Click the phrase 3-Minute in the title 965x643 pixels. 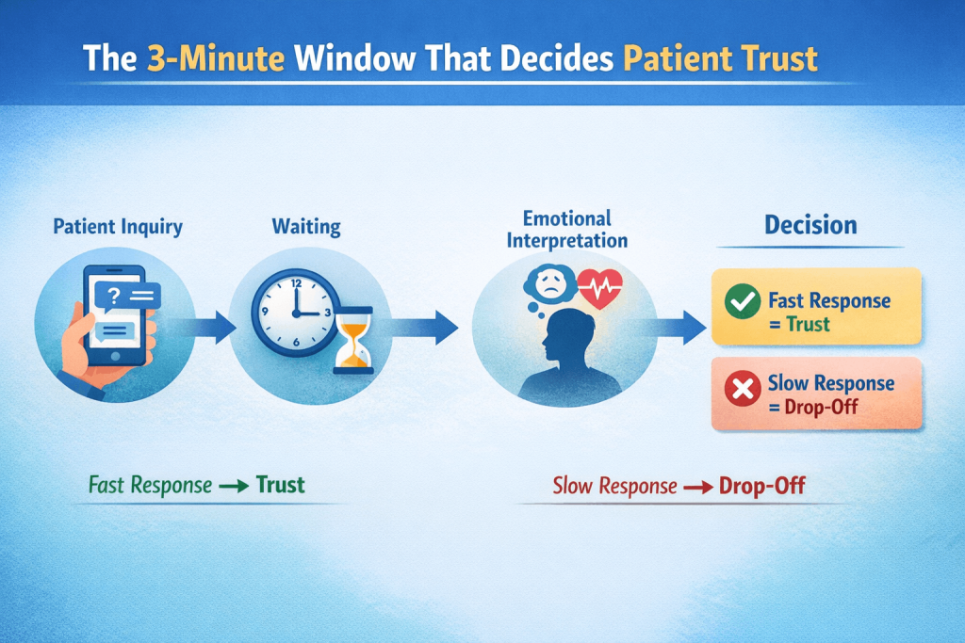pyautogui.click(x=216, y=59)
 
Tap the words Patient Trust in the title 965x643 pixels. pyautogui.click(x=720, y=59)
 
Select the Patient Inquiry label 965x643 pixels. pyautogui.click(x=118, y=227)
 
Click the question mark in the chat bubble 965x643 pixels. pyautogui.click(x=113, y=297)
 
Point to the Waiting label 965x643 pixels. pyautogui.click(x=306, y=227)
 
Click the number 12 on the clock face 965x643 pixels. pyautogui.click(x=296, y=283)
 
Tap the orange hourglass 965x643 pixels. pyautogui.click(x=354, y=340)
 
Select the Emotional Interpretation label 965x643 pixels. pyautogui.click(x=566, y=230)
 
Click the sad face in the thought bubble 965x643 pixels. pyautogui.click(x=550, y=283)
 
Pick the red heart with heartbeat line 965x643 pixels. pyautogui.click(x=600, y=288)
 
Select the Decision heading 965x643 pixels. pyautogui.click(x=810, y=225)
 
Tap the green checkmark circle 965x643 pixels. pyautogui.click(x=743, y=301)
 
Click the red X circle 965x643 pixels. pyautogui.click(x=743, y=389)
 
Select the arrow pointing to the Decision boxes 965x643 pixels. pyautogui.click(x=676, y=327)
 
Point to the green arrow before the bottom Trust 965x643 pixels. pyautogui.click(x=234, y=487)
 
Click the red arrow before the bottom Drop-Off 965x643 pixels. pyautogui.click(x=698, y=488)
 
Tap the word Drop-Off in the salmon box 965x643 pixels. pyautogui.click(x=821, y=407)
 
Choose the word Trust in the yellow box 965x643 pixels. pyautogui.click(x=808, y=324)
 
